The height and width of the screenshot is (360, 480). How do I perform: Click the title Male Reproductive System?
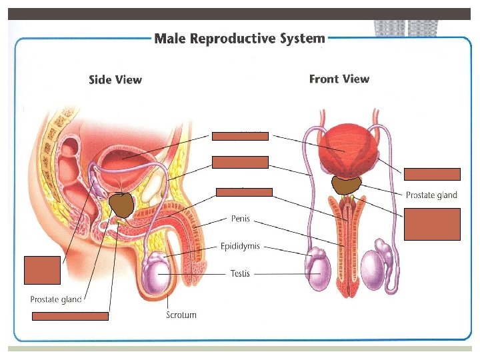(239, 39)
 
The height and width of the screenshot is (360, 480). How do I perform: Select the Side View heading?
(115, 80)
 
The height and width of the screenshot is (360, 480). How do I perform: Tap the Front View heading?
(339, 79)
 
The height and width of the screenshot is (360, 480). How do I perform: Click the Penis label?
(241, 218)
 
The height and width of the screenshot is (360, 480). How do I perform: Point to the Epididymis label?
(240, 246)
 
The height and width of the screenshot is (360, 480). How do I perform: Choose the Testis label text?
(240, 273)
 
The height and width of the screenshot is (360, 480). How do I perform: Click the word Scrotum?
(181, 315)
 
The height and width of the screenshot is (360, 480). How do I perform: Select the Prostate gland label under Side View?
(56, 299)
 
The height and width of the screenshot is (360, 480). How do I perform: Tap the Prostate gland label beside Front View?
(431, 195)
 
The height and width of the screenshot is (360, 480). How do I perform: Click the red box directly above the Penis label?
(244, 193)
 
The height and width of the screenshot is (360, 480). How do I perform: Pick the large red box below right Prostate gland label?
(432, 224)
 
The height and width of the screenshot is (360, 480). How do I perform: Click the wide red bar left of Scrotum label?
(71, 316)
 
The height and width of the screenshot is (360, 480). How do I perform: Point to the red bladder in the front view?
(345, 150)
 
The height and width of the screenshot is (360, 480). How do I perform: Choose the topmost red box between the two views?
(240, 137)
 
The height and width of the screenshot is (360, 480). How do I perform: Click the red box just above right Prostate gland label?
(432, 175)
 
